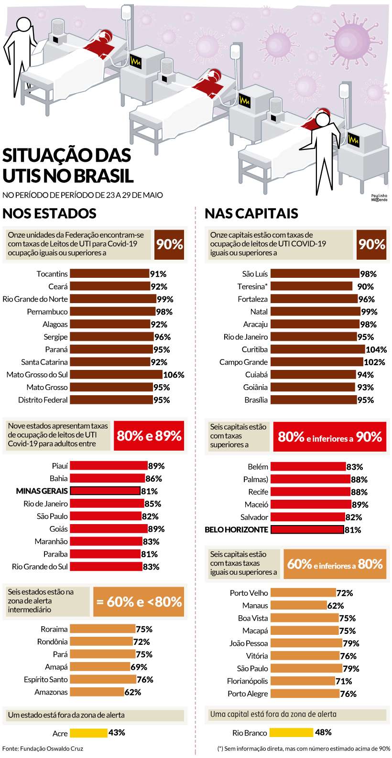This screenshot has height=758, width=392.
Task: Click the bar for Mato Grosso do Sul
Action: click(x=116, y=375)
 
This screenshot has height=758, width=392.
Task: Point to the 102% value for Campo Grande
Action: click(x=374, y=362)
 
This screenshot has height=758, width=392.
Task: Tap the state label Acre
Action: click(x=60, y=733)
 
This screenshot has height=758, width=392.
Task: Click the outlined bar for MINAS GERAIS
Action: click(x=105, y=491)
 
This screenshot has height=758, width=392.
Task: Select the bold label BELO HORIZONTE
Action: click(x=236, y=530)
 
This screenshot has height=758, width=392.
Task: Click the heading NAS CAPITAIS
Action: click(x=251, y=213)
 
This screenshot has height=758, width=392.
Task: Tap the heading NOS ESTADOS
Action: click(x=50, y=213)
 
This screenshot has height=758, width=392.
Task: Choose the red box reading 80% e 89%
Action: click(x=149, y=436)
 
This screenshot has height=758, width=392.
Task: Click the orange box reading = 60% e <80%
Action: click(x=139, y=601)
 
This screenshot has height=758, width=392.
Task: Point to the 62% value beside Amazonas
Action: click(x=133, y=692)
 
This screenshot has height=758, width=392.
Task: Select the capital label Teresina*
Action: click(x=252, y=286)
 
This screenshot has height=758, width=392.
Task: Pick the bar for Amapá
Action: click(x=100, y=667)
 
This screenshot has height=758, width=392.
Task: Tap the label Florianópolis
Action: click(x=247, y=681)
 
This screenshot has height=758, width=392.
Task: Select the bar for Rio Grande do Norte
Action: click(x=113, y=299)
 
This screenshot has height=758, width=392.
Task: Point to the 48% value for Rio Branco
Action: click(x=323, y=732)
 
